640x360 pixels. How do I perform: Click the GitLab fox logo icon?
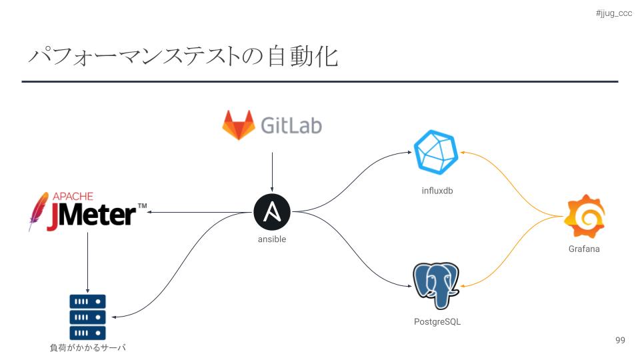click(x=239, y=125)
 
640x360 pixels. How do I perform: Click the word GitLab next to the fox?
click(x=291, y=125)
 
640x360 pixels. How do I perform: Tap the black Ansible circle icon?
click(x=272, y=212)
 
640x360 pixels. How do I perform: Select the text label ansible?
click(x=272, y=239)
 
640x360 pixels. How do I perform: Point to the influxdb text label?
click(x=437, y=191)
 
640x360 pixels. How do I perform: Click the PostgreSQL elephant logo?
click(x=437, y=286)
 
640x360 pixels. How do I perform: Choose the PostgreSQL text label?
click(x=437, y=322)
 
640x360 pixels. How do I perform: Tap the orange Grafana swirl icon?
click(x=584, y=216)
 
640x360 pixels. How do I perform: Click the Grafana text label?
click(x=584, y=249)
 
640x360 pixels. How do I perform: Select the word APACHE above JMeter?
click(x=73, y=197)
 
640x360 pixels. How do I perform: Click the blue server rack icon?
click(x=87, y=317)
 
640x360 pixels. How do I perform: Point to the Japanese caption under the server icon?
click(x=87, y=347)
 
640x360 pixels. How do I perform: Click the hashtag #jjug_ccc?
click(x=613, y=13)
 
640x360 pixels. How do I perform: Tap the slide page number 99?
click(x=620, y=341)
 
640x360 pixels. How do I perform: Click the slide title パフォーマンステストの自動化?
click(x=183, y=57)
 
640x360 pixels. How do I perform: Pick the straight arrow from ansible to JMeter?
click(x=200, y=213)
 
